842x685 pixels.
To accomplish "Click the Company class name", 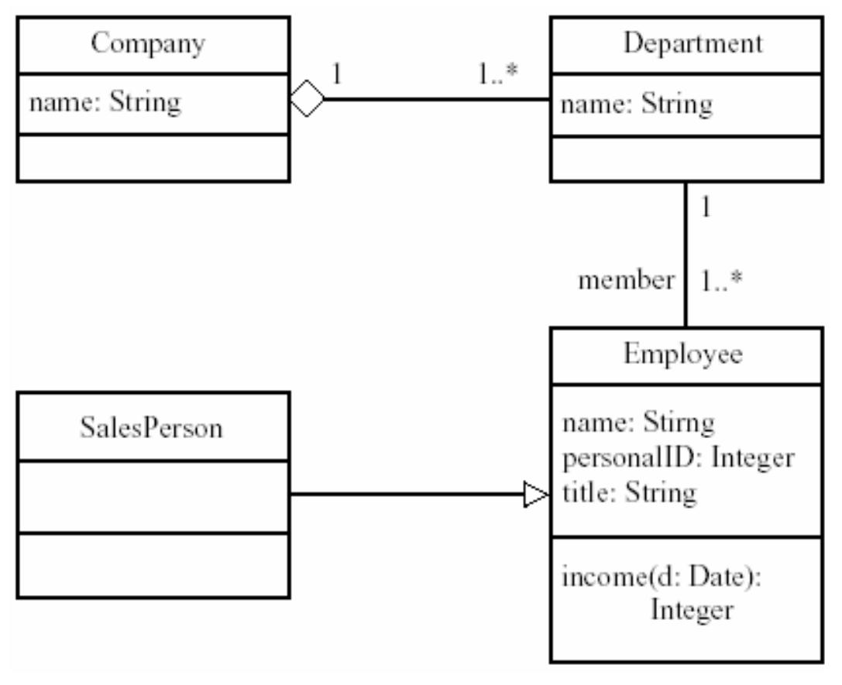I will coord(148,44).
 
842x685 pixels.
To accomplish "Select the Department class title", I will coord(692,44).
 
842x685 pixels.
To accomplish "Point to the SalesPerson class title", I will coord(151,427).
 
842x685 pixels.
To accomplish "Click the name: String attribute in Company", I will coord(105,103).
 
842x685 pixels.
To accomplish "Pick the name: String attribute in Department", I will coord(635,104).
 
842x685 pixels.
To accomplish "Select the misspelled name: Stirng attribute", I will coord(638,423).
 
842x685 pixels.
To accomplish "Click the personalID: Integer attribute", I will coord(677,458).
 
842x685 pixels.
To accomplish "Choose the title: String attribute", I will coord(628,492).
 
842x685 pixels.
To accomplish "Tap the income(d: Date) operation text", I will coord(662,579).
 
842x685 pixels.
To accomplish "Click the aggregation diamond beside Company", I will coord(308,100).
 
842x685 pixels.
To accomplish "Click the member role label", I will coord(626,281).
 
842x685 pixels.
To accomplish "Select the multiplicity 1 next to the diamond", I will coord(337,74).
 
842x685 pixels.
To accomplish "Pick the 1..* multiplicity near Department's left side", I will coord(497,74).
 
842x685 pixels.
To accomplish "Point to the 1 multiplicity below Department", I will coord(705,207).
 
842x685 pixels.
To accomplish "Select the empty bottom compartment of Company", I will coord(153,158).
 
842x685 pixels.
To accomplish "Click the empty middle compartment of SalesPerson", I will coord(153,496).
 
